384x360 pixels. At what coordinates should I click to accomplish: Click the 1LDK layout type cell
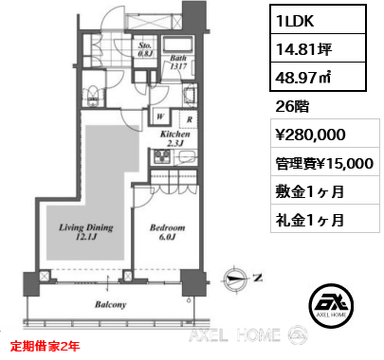coord(318,20)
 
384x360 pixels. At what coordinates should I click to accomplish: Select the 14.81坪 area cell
coord(318,48)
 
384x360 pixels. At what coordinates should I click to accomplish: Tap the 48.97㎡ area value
coord(318,77)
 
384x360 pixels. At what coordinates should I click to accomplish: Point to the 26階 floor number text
coord(292,107)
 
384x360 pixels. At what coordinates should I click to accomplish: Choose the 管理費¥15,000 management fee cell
coord(325,162)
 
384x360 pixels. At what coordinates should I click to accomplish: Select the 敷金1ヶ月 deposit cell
coord(325,190)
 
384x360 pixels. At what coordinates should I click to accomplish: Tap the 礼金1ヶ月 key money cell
coord(325,219)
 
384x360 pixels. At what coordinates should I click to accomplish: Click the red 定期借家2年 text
coord(46,346)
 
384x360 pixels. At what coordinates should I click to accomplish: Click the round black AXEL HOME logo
coord(331,306)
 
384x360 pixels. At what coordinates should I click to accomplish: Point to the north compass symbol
coord(235,279)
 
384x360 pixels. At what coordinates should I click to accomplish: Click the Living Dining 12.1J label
coord(86,232)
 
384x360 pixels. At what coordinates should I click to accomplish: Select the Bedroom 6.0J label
coord(167,232)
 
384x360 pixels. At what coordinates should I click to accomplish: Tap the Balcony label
coord(111,304)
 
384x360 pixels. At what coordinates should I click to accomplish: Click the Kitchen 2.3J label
coord(175,138)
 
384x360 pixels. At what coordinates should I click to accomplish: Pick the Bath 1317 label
coord(178,62)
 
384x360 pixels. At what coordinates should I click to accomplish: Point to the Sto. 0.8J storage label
coord(145,49)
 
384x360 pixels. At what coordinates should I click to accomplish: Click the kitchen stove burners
coord(162,156)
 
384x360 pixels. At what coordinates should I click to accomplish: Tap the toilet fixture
coord(92,94)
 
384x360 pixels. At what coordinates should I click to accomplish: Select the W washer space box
coord(160,117)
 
